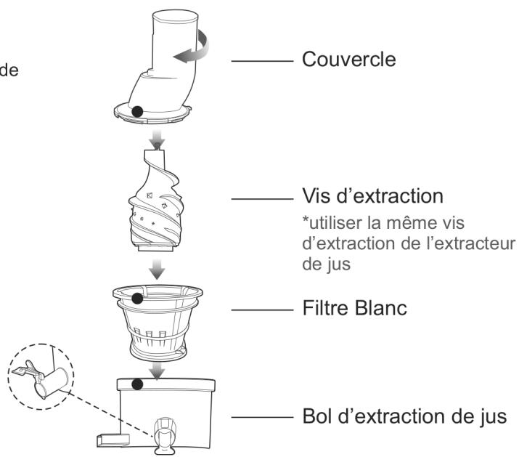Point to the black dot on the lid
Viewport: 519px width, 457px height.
click(136, 111)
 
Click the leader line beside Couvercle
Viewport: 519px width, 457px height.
click(260, 60)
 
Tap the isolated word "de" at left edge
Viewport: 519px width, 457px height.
click(10, 71)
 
